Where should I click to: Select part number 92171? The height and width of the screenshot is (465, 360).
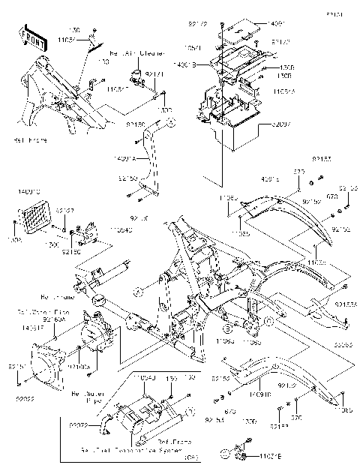(x=154, y=75)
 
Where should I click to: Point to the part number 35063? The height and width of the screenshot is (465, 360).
(x=344, y=345)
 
